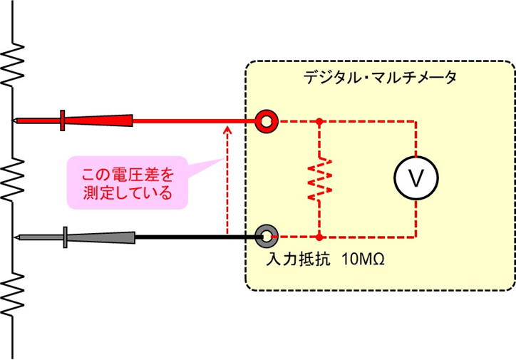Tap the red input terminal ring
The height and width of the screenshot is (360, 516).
tap(267, 121)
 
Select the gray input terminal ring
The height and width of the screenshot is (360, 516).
tap(267, 235)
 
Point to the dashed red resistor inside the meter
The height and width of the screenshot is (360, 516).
tap(320, 178)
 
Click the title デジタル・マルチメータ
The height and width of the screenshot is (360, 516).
tap(380, 77)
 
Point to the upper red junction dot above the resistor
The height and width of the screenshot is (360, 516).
tap(320, 121)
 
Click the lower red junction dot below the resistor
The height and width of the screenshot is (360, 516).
tap(320, 235)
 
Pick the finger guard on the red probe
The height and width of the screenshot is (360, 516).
tap(63, 120)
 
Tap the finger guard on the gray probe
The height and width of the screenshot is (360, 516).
tap(65, 237)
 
